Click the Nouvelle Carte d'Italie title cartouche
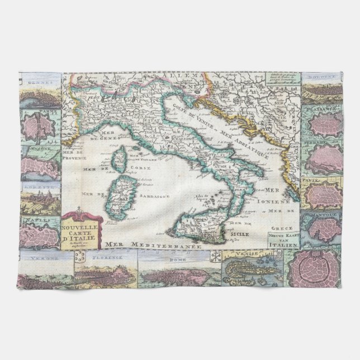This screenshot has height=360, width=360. tap(82, 229)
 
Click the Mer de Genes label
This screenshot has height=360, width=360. tap(87, 135)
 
